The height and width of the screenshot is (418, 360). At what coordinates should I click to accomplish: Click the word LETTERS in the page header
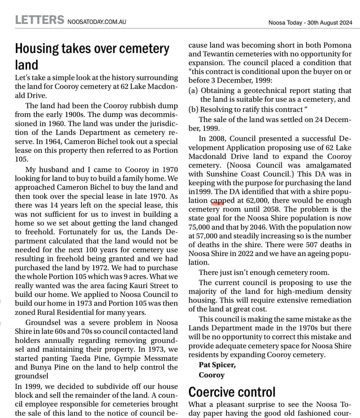(x=39, y=20)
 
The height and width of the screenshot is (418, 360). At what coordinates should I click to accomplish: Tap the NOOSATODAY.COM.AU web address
(x=97, y=22)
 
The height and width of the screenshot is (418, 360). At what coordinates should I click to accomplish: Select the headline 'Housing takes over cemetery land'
(x=92, y=56)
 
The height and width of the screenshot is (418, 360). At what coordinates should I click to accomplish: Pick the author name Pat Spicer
(x=217, y=365)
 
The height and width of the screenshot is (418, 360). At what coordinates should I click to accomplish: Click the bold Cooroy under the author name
(x=211, y=375)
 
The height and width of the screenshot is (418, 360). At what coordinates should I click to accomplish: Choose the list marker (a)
(x=193, y=90)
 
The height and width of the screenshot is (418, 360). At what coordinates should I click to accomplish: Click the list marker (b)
(x=193, y=109)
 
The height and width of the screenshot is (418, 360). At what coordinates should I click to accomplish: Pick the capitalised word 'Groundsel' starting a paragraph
(x=43, y=322)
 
